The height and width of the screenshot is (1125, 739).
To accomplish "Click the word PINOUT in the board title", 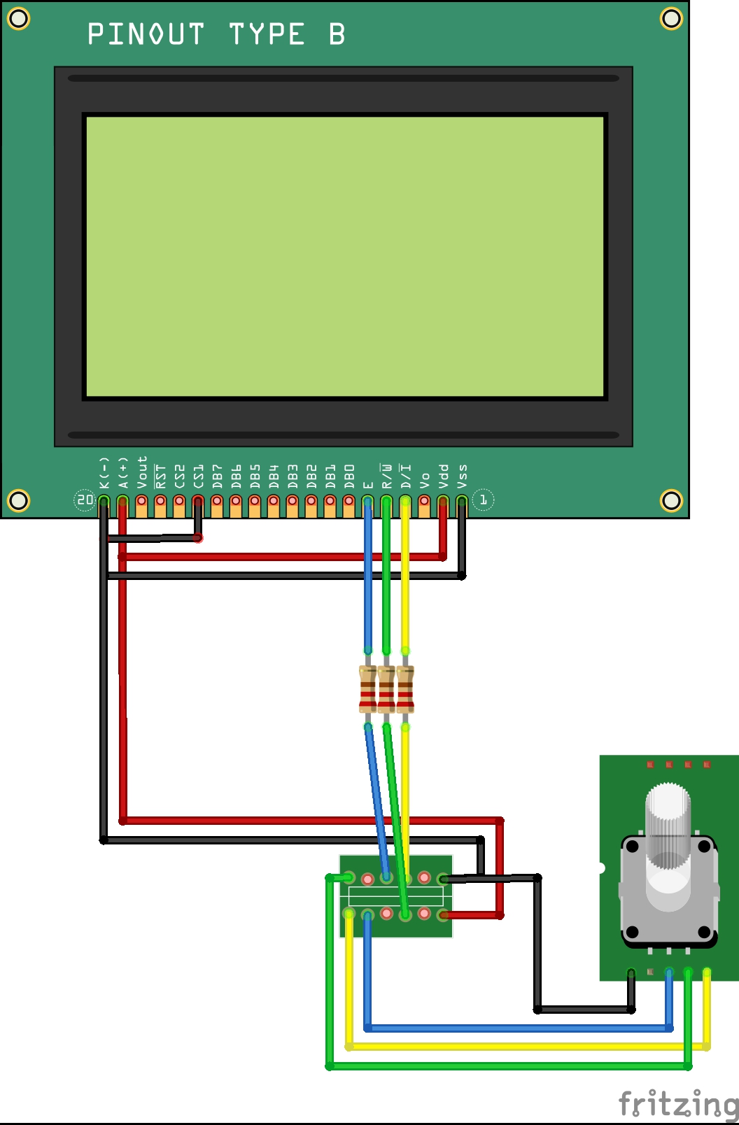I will [x=146, y=34].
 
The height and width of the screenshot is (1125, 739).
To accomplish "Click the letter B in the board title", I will [x=337, y=34].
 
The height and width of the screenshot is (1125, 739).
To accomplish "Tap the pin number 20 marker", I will [x=85, y=500].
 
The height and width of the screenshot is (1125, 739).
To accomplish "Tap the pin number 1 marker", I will [x=483, y=500].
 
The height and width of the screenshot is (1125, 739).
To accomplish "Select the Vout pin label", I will [x=142, y=472].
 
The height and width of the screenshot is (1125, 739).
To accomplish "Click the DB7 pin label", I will [x=218, y=476].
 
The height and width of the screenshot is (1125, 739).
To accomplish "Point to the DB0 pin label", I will [x=349, y=476].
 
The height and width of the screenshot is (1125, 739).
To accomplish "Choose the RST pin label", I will [x=161, y=476].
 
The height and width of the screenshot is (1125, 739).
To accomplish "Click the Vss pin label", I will [x=462, y=476].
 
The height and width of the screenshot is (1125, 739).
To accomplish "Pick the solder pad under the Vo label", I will [x=424, y=501].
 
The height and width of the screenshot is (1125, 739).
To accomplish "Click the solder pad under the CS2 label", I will [x=180, y=501].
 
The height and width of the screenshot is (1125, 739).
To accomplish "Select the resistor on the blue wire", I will [x=367, y=689].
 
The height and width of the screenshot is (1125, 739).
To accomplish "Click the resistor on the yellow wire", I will [x=405, y=689].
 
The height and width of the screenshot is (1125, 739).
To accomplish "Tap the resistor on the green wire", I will [x=386, y=689].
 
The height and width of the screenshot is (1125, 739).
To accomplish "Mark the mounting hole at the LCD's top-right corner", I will [x=671, y=18].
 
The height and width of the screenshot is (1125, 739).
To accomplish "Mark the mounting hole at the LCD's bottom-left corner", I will [x=18, y=500].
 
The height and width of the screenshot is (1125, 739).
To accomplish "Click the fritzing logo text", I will [x=677, y=1104].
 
